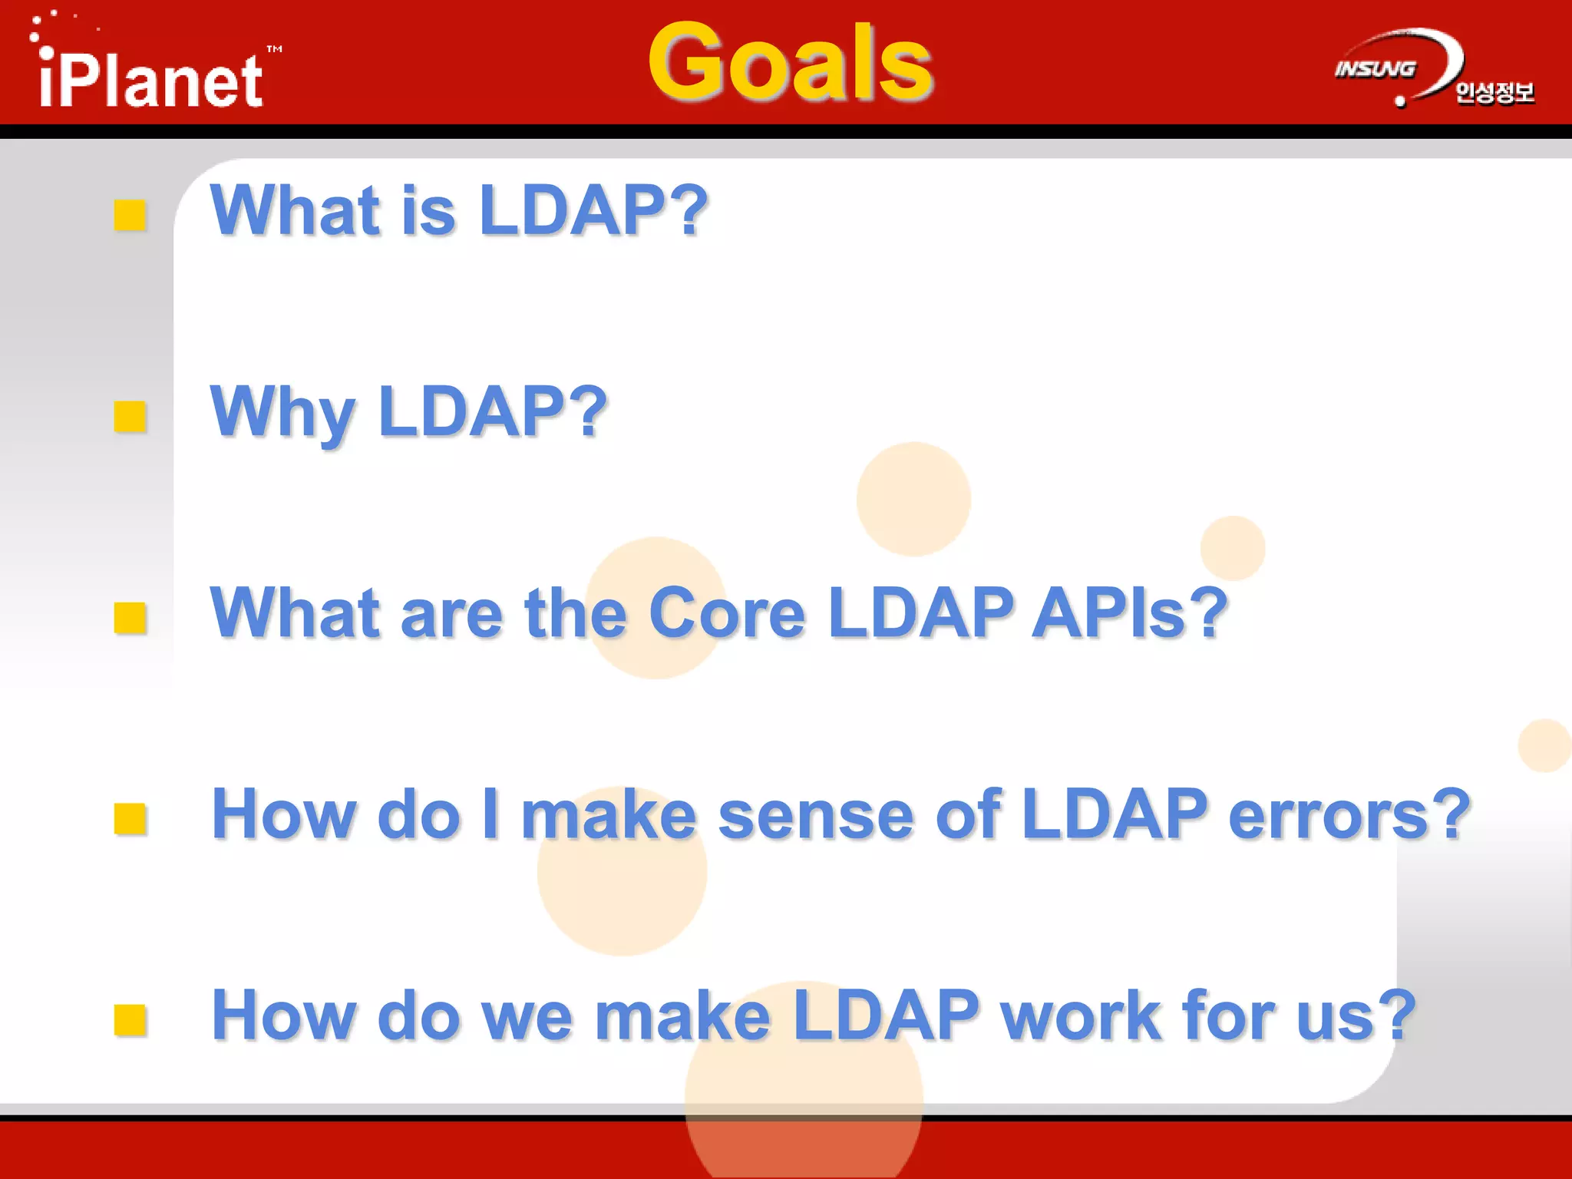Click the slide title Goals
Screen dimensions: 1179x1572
(791, 63)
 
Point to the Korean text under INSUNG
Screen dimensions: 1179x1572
(1494, 93)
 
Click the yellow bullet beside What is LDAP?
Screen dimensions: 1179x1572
(130, 215)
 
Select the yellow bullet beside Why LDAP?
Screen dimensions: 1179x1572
(130, 417)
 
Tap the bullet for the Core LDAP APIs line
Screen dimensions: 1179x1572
(130, 618)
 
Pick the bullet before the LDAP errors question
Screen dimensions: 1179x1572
(130, 819)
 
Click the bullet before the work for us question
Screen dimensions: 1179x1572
(130, 1020)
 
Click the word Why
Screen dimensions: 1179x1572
(282, 413)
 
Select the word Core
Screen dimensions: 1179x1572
(727, 613)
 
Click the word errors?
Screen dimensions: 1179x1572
(1349, 814)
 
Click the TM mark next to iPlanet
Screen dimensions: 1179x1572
(275, 49)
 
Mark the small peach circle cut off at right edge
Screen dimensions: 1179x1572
(1545, 745)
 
